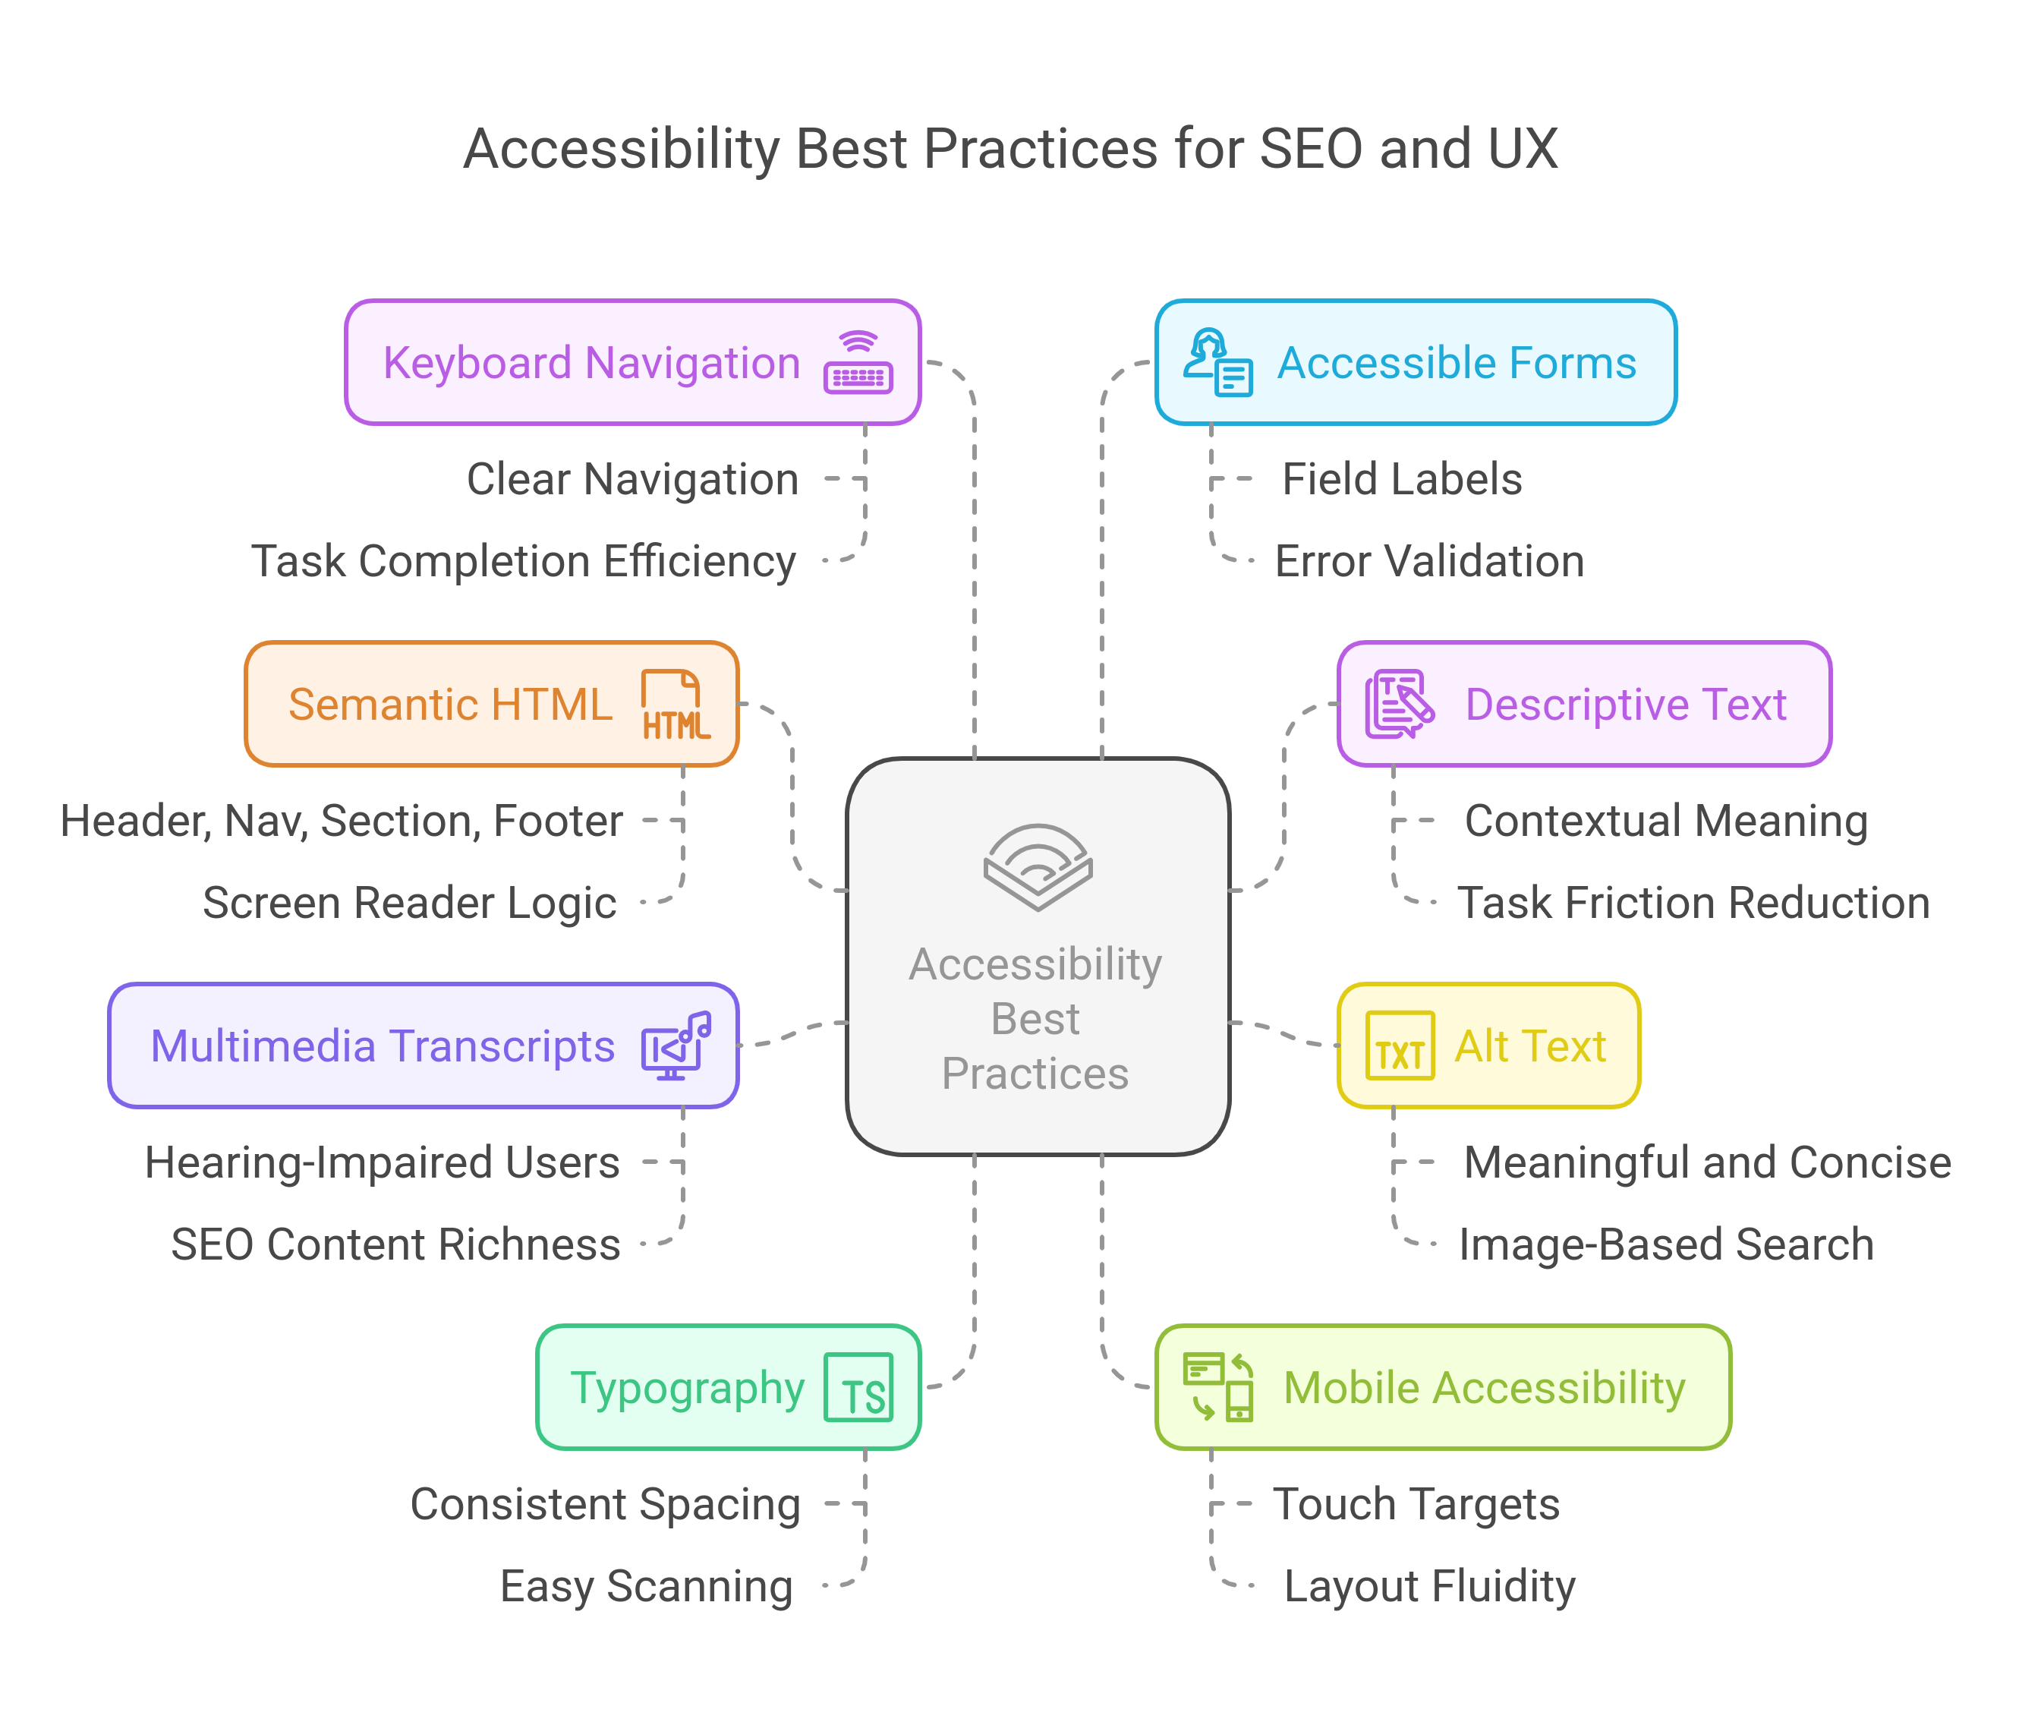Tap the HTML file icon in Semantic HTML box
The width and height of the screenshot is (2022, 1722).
pos(676,704)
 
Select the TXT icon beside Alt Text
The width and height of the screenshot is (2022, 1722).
pos(1400,1045)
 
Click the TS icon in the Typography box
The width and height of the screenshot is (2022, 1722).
pos(858,1387)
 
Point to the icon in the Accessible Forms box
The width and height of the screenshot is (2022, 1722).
pos(1218,362)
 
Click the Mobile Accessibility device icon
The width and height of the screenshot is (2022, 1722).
pos(1218,1387)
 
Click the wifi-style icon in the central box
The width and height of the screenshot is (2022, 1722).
pos(1038,867)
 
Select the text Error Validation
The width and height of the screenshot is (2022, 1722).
pos(1428,561)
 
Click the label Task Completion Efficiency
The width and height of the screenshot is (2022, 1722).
pos(524,561)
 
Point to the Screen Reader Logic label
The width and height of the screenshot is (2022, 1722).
pos(410,903)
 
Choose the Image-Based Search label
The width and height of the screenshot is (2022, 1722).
pos(1666,1244)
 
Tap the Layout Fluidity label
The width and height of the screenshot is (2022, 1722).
pos(1428,1586)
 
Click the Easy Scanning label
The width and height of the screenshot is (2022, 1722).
pos(646,1586)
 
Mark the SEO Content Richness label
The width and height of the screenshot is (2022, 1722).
pos(396,1244)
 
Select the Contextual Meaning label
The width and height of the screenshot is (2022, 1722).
pos(1666,821)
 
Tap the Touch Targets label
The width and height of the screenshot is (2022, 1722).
pos(1416,1504)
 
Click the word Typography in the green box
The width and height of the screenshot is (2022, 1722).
pos(688,1388)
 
